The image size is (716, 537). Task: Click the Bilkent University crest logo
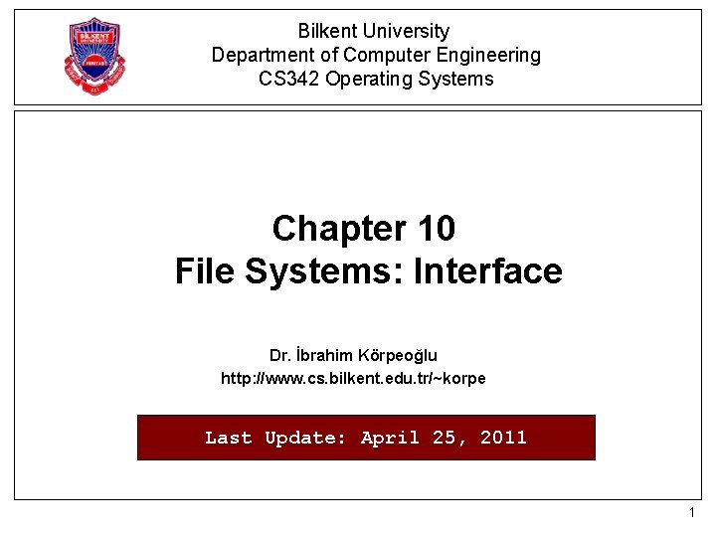pos(95,56)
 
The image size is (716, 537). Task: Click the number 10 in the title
pos(437,229)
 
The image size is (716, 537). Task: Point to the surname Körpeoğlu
pos(402,355)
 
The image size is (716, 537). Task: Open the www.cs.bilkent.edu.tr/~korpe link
pos(353,378)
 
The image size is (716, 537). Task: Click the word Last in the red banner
pos(228,438)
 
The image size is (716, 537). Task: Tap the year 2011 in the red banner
pos(503,438)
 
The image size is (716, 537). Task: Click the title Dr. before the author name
pos(279,355)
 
